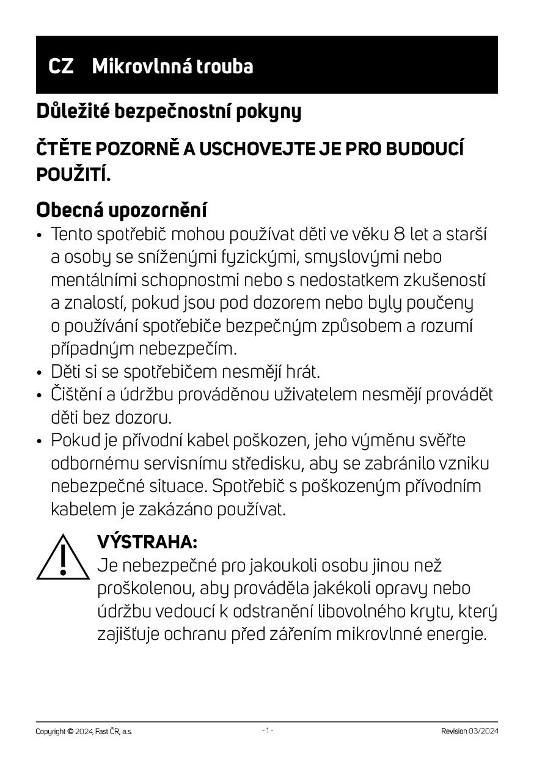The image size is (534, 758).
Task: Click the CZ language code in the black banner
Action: coord(61,66)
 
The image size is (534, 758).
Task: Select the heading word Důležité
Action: coord(73,111)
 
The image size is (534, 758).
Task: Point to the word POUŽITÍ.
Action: coord(73,174)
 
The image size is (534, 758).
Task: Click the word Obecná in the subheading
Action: coord(70,210)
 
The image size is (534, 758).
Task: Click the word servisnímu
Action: coord(182,463)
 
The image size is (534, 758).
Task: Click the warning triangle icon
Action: coord(63,557)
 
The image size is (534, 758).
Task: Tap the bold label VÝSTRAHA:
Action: coord(147,542)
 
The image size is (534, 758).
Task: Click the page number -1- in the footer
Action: coord(267,730)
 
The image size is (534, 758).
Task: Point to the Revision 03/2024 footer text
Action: coord(469,731)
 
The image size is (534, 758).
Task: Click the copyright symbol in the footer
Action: coord(70,731)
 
